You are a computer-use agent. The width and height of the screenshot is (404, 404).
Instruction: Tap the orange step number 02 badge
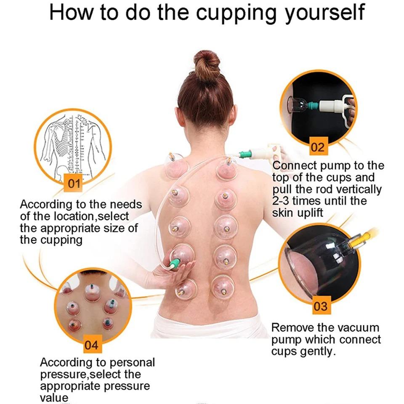(x=317, y=147)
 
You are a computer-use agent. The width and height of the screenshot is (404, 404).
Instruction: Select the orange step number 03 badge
(x=320, y=306)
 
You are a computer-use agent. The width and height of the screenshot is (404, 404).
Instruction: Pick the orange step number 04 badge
(x=91, y=345)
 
